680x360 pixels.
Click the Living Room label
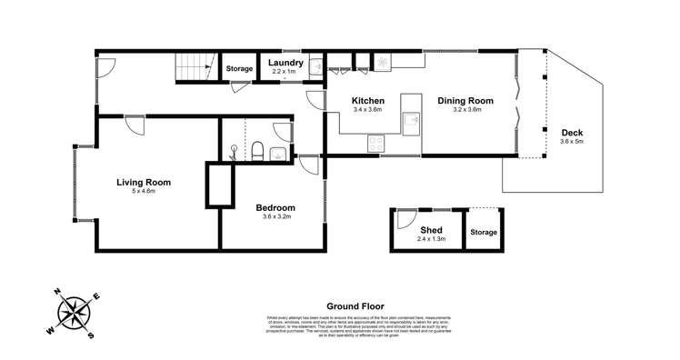pyautogui.click(x=144, y=182)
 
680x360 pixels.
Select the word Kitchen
pyautogui.click(x=368, y=101)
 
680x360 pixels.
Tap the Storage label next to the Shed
pyautogui.click(x=484, y=233)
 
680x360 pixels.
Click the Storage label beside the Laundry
pyautogui.click(x=239, y=69)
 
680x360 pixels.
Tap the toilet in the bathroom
pyautogui.click(x=257, y=151)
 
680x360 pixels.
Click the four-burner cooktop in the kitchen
pyautogui.click(x=375, y=143)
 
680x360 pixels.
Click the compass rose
pyautogui.click(x=73, y=314)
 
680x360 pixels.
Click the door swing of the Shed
pyautogui.click(x=402, y=219)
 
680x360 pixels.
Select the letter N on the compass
pyautogui.click(x=56, y=292)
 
